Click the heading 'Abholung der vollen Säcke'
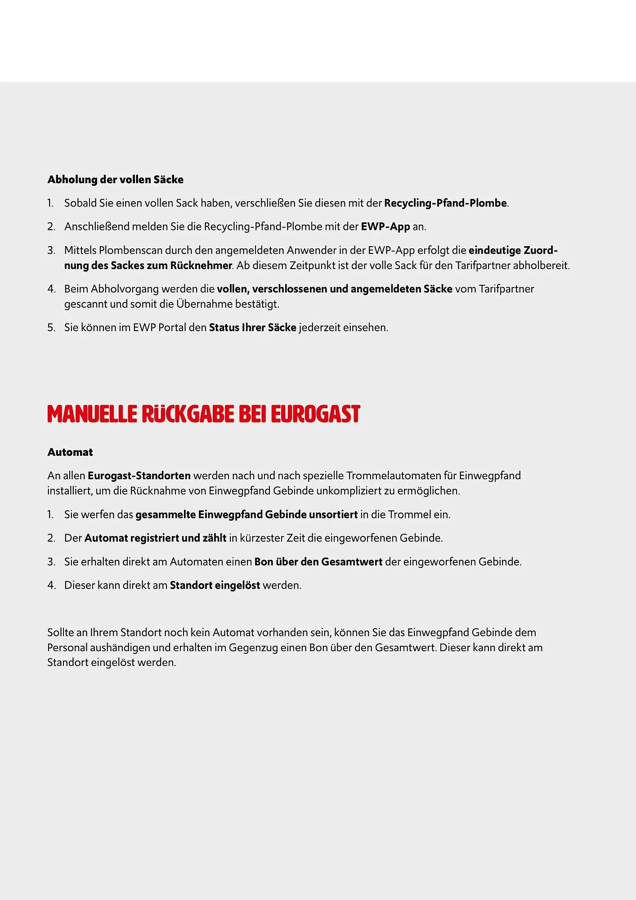[115, 180]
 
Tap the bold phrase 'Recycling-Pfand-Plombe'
[445, 203]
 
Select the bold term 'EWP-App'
[385, 226]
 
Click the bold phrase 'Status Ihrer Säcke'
[252, 328]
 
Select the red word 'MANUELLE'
[92, 414]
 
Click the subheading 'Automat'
[70, 452]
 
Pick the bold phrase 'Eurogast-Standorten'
[139, 476]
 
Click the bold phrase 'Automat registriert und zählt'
[155, 538]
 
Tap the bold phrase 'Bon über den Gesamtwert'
[318, 562]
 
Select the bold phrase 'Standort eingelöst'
[215, 585]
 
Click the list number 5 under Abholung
[51, 328]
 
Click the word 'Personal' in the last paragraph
[67, 648]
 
